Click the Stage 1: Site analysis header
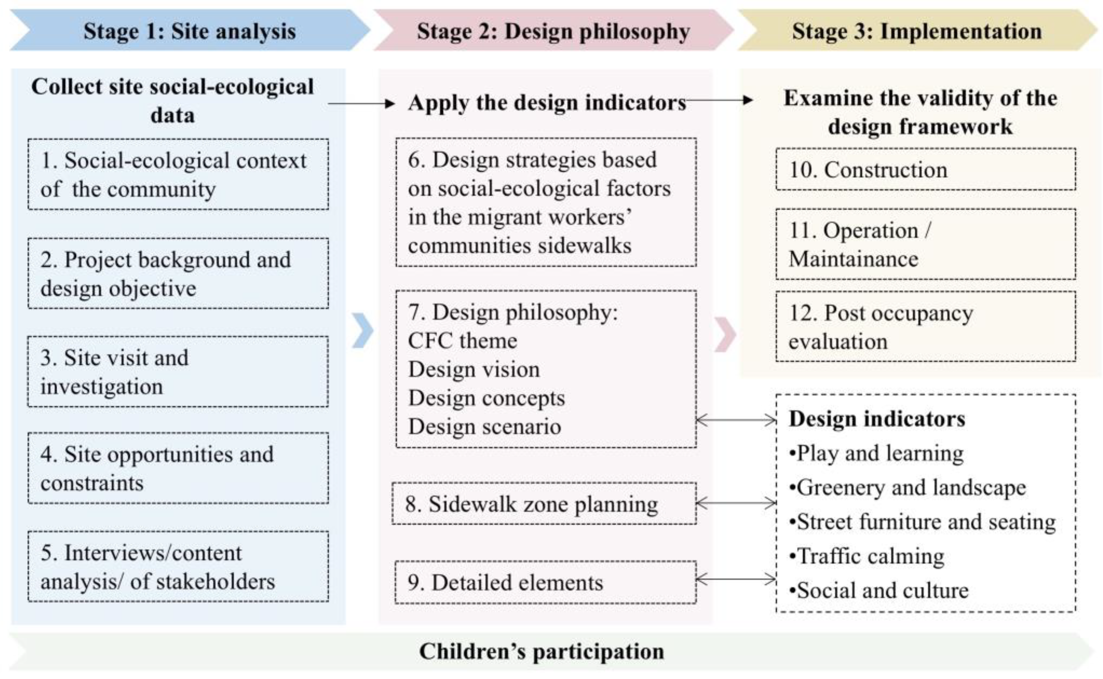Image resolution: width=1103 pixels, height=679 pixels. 189,31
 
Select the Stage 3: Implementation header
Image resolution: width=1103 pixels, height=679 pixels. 916,31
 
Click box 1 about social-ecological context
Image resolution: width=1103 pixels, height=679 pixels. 178,174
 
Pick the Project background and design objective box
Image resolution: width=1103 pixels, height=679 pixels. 178,273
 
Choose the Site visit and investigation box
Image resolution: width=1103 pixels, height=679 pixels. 178,372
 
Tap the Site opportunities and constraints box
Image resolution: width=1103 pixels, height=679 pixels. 178,468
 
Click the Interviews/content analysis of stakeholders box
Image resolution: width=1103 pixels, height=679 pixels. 178,567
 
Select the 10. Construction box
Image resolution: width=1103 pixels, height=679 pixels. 925,169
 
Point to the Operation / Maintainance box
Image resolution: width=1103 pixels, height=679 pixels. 925,244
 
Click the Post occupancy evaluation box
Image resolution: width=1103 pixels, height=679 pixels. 925,327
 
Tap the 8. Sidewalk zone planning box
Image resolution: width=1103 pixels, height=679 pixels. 544,504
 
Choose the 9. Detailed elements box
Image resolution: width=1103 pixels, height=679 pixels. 545,582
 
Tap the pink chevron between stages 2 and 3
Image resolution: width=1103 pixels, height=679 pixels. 725,334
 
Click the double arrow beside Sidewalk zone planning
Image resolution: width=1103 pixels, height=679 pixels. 736,503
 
